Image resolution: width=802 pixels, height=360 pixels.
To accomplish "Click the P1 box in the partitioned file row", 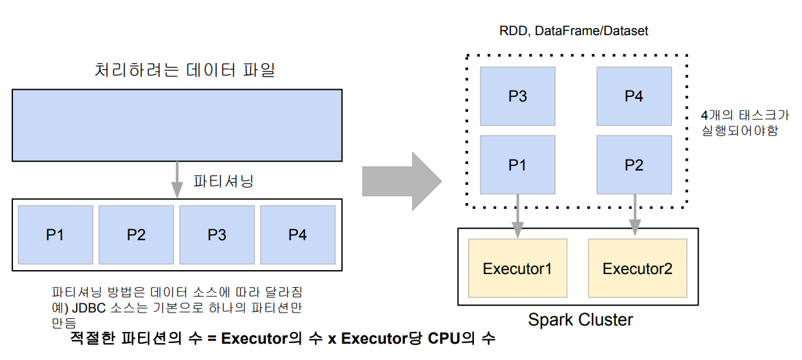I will pyautogui.click(x=55, y=234).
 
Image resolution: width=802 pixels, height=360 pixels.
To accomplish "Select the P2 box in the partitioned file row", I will pyautogui.click(x=136, y=234).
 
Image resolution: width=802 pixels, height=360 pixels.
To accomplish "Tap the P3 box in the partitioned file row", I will pyautogui.click(x=217, y=234).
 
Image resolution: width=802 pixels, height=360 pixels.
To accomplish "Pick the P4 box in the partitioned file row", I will pyautogui.click(x=297, y=234).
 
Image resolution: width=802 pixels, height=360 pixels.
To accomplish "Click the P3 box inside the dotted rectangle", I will pyautogui.click(x=518, y=96).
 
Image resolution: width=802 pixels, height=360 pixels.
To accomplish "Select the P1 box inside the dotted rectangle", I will pyautogui.click(x=518, y=165).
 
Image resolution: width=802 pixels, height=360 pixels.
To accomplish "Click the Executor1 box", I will pyautogui.click(x=518, y=268).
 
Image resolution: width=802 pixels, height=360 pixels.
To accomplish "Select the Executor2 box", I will pyautogui.click(x=637, y=268).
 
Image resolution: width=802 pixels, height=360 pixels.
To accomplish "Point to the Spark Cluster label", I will pyautogui.click(x=580, y=320).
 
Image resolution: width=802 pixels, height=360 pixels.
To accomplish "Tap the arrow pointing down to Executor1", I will pyautogui.click(x=518, y=215).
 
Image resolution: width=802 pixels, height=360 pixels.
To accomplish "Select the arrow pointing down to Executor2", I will pyautogui.click(x=634, y=215).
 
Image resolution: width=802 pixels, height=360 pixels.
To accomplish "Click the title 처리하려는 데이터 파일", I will pyautogui.click(x=185, y=70).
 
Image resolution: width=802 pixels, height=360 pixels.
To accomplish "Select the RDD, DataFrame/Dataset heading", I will pyautogui.click(x=574, y=31).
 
